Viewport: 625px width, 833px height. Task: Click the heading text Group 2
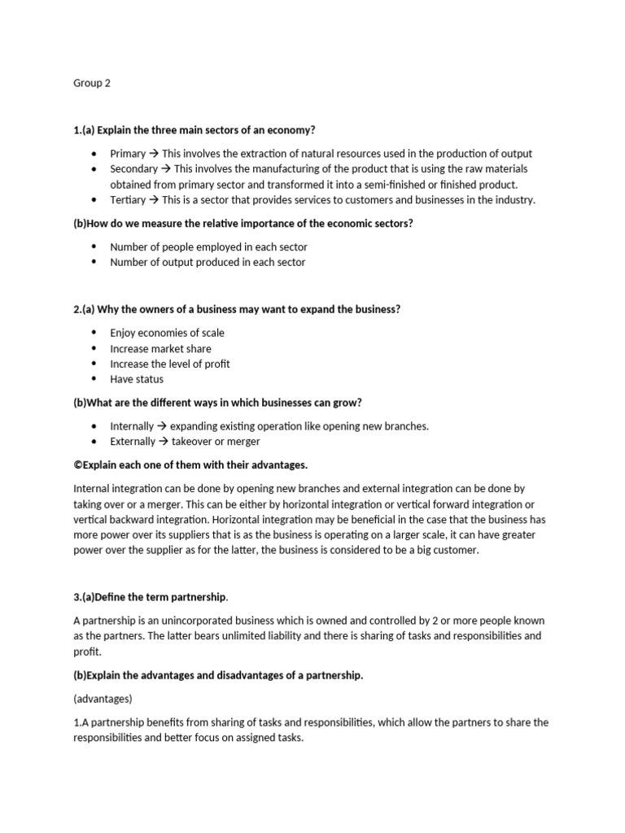[91, 83]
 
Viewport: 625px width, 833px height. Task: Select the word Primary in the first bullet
[128, 154]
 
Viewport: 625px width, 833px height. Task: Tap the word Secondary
[133, 169]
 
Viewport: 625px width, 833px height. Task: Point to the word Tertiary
[128, 200]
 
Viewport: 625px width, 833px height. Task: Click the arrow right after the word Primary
[154, 154]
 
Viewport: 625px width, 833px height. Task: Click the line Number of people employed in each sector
[208, 246]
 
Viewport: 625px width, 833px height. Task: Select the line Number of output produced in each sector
[208, 262]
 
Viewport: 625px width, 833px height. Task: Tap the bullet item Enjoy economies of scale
[167, 333]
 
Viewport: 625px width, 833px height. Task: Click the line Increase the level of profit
[170, 364]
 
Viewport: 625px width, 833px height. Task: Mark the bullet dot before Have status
[94, 379]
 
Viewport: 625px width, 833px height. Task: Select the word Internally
[132, 426]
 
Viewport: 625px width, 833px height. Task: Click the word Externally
[133, 442]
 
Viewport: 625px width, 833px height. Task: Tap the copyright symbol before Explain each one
[78, 465]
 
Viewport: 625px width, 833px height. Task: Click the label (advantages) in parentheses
[101, 699]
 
